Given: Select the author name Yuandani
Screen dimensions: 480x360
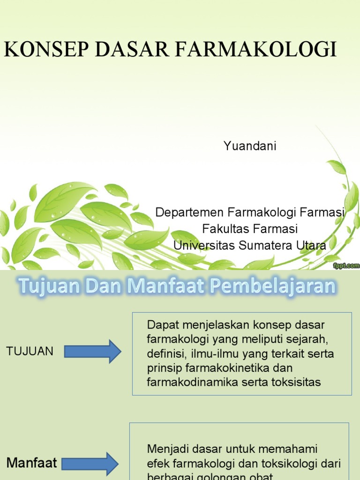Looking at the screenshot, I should [250, 146].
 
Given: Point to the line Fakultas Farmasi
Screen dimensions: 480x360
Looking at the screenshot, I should [250, 229].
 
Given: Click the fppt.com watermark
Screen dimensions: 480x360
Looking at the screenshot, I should [346, 265].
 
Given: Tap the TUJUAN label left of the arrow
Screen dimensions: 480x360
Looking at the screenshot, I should [30, 351].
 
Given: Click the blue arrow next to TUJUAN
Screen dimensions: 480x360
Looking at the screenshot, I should [92, 352].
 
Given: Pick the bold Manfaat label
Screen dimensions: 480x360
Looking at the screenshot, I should [31, 464].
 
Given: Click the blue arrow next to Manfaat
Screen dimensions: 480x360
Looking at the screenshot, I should [91, 464].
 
